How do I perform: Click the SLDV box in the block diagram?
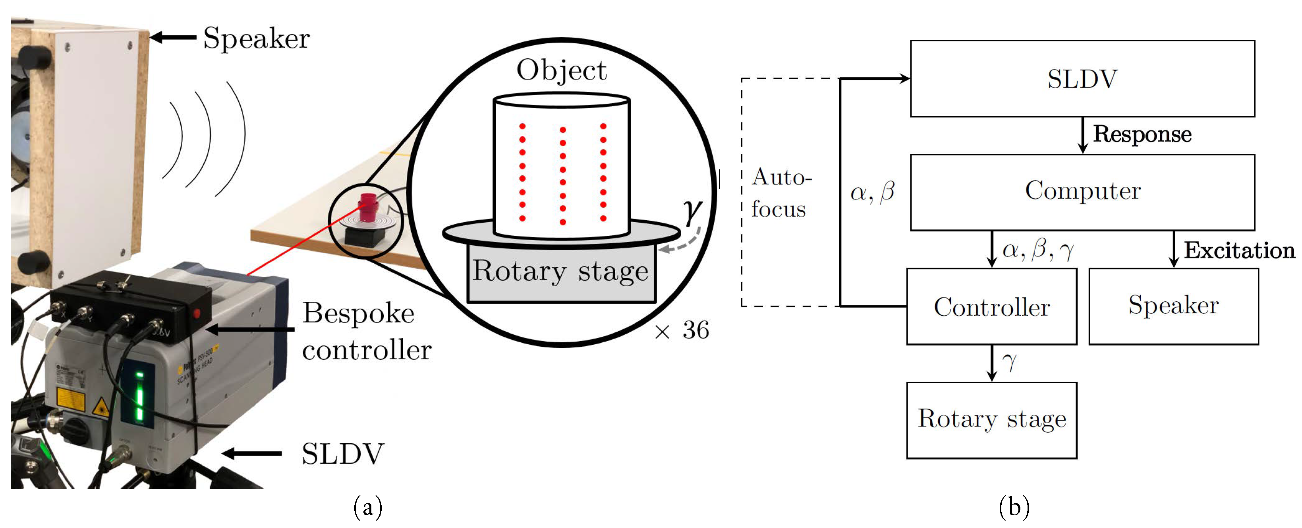click(1082, 78)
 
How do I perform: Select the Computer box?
click(1082, 192)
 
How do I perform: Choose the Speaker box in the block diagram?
click(1173, 307)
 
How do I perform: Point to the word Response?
click(1142, 134)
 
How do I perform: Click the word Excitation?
click(1239, 250)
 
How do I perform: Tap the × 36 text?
click(682, 330)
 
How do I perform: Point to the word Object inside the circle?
click(561, 70)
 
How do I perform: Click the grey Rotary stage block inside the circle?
click(561, 273)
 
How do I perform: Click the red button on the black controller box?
click(196, 314)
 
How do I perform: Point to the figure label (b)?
click(1014, 507)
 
